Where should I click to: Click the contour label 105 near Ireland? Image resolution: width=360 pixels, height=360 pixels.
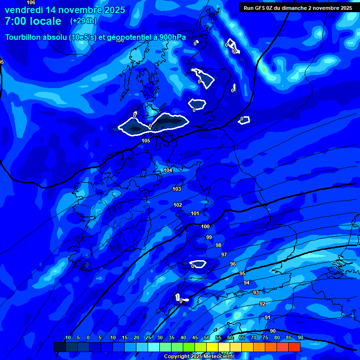pos(146,141)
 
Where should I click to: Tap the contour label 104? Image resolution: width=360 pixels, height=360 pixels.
pos(168,170)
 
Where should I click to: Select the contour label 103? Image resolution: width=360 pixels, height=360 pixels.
pos(177,189)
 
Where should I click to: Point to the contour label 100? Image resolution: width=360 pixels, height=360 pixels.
pos(205,226)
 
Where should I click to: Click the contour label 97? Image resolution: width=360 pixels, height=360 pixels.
pos(224,255)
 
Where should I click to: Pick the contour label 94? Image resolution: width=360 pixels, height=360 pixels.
pos(247,283)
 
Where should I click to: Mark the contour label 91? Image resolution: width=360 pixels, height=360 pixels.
pos(267,317)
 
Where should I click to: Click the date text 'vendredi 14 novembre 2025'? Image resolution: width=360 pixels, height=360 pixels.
pos(65,10)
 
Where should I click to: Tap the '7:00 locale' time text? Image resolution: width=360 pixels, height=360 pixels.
pos(33,21)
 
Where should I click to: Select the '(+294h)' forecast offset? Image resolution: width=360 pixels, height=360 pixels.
pos(83,21)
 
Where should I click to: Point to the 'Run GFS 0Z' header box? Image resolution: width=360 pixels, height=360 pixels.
pos(298,8)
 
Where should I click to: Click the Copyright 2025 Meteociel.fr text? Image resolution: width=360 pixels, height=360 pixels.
pos(199,356)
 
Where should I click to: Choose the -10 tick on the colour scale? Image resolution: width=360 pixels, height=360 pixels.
pos(67,337)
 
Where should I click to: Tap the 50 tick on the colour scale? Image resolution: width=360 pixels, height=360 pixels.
pos(207,337)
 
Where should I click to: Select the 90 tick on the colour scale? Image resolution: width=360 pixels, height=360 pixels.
pos(300,337)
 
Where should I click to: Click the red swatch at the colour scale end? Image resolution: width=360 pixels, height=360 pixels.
pos(294,347)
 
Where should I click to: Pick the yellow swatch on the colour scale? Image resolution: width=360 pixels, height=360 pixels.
pos(212,347)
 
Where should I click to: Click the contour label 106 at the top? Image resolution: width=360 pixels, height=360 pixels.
pos(31,3)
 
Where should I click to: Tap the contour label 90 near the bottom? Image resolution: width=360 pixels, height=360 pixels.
pos(273,331)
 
